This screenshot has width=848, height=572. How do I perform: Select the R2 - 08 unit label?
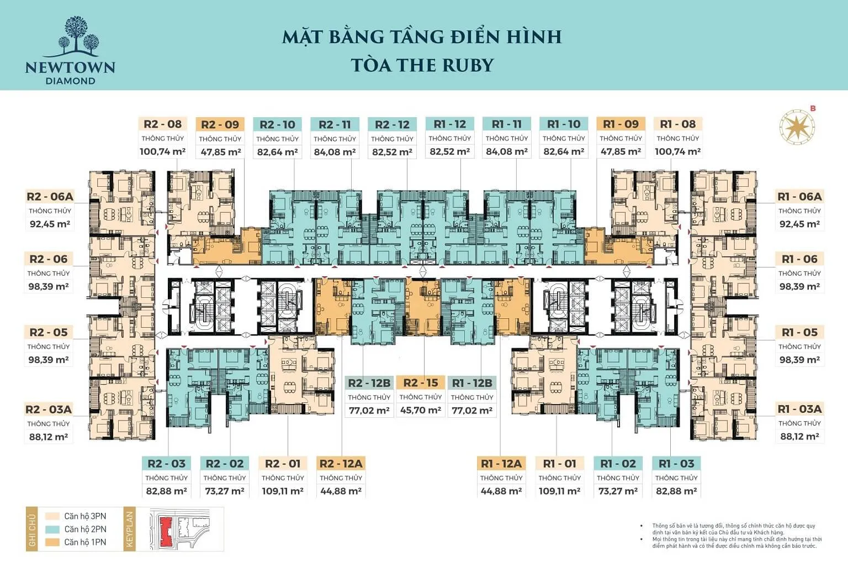click(x=162, y=124)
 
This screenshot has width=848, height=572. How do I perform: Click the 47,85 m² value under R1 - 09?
click(x=621, y=151)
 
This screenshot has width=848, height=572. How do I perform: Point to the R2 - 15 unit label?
click(x=421, y=383)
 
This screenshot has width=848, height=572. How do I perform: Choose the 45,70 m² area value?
click(x=421, y=411)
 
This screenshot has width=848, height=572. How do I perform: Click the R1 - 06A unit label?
click(x=799, y=197)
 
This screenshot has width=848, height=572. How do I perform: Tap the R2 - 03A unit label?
click(x=49, y=410)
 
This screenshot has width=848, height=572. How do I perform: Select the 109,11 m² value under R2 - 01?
click(x=283, y=491)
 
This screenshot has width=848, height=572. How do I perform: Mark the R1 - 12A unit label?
click(x=501, y=464)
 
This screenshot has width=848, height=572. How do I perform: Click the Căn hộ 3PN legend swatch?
click(x=52, y=516)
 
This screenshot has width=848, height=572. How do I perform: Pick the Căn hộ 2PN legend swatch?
click(x=52, y=529)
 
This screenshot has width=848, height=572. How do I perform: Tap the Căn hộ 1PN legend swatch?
click(x=52, y=542)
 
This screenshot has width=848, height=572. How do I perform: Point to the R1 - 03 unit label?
click(x=676, y=464)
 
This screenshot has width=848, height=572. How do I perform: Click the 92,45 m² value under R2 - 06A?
click(x=50, y=224)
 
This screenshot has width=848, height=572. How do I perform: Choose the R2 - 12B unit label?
click(x=369, y=383)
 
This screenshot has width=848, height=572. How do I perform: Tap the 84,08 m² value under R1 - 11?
click(x=507, y=151)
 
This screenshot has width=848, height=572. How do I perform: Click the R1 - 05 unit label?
click(x=799, y=333)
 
